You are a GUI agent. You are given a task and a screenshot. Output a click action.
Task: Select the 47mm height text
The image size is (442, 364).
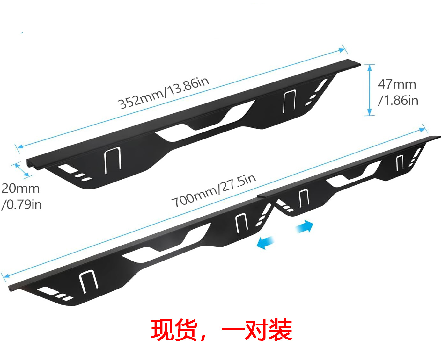click(397, 84)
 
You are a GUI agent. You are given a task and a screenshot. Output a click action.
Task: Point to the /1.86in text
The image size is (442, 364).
click(398, 100)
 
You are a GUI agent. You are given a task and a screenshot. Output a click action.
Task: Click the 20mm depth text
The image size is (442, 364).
click(20, 188)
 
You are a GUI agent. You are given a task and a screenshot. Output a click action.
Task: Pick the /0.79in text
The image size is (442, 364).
click(22, 204)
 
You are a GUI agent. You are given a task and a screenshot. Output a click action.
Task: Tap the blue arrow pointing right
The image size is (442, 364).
click(305, 227)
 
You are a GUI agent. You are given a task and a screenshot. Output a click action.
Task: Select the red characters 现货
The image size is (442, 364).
click(174, 330)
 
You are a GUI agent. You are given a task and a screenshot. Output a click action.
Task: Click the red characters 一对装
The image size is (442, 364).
click(256, 330)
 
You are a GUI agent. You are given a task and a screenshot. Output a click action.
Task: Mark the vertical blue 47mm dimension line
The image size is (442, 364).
click(369, 90)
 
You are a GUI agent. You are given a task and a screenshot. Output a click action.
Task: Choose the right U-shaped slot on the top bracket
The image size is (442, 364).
click(289, 101)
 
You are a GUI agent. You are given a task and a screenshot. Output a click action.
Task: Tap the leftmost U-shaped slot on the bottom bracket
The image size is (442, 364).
click(88, 281)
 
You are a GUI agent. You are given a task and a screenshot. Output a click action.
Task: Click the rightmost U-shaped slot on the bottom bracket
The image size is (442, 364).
click(400, 163)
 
